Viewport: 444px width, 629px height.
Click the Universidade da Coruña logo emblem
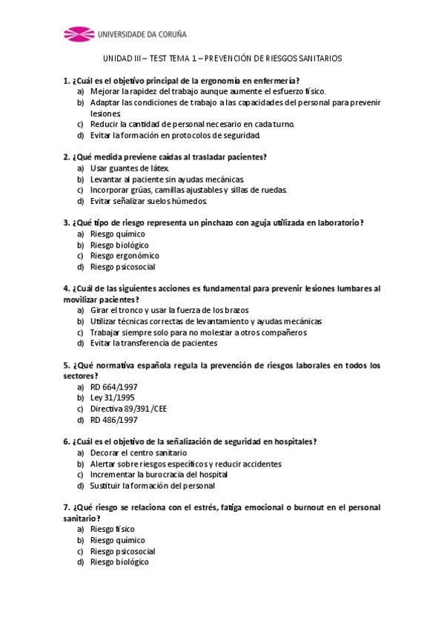point(79,33)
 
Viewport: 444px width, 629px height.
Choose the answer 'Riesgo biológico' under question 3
point(119,245)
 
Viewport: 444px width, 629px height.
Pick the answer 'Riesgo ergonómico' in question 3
point(124,256)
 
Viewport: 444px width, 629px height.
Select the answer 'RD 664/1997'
point(113,386)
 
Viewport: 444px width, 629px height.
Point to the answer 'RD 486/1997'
point(113,419)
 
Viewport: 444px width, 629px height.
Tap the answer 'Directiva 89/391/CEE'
point(128,409)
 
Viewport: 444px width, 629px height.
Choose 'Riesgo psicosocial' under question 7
point(122,551)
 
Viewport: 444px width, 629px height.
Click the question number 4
point(67,288)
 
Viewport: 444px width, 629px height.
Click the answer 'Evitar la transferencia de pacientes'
point(153,343)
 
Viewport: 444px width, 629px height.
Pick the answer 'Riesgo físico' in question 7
point(112,530)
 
